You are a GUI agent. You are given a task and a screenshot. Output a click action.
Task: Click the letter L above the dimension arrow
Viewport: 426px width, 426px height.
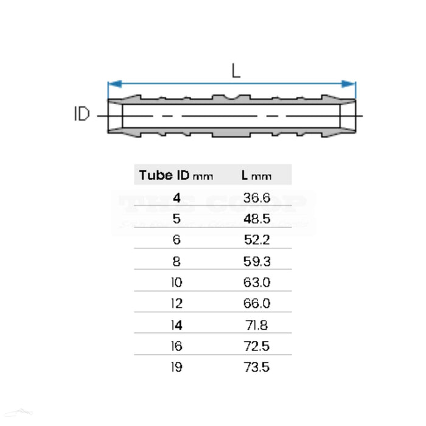click(236, 71)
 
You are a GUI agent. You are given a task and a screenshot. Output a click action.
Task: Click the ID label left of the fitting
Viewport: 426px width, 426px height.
click(82, 114)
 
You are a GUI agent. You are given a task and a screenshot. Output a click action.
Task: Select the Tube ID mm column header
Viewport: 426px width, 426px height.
click(176, 175)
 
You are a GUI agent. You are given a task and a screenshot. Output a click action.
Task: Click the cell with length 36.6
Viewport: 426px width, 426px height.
click(256, 198)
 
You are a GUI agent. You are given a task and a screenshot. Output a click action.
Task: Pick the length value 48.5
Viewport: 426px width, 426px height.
click(256, 219)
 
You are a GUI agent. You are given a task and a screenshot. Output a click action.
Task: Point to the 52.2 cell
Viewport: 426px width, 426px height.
click(256, 240)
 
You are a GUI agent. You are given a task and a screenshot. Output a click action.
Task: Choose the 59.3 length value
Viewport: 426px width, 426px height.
click(256, 262)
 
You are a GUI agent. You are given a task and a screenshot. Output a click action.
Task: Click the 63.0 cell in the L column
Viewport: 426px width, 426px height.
click(256, 283)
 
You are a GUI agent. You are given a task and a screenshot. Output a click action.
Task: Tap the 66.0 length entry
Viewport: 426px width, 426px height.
click(256, 304)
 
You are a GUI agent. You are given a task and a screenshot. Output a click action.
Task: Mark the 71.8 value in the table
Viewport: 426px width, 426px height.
click(256, 325)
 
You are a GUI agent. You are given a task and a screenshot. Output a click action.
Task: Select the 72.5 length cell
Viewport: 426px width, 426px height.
click(256, 346)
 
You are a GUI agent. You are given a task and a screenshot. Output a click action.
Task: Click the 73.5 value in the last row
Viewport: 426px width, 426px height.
click(256, 368)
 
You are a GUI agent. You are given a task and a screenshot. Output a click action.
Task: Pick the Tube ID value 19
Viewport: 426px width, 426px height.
click(176, 368)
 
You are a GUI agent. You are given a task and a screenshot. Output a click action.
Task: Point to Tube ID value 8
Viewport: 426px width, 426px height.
click(176, 262)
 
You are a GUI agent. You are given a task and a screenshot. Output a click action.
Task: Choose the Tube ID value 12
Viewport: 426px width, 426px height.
click(176, 304)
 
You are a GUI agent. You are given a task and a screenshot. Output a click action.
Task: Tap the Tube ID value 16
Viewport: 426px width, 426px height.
click(176, 346)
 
